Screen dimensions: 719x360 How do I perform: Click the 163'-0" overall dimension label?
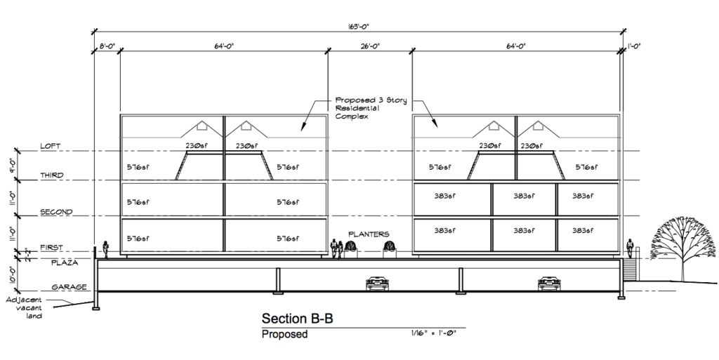coord(358,27)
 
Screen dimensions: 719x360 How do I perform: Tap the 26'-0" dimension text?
coord(370,46)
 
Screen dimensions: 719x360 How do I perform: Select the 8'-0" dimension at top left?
coord(107,46)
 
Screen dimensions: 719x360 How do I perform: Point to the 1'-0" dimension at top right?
coord(634,46)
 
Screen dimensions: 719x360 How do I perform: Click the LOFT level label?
coord(50,146)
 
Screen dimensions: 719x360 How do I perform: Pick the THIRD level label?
coord(52,175)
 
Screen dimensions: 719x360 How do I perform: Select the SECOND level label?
coord(56,212)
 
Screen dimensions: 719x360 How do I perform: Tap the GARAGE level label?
coord(69,287)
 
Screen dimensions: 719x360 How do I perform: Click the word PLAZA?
coord(64,263)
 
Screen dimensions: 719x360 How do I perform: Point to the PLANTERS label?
coord(369,234)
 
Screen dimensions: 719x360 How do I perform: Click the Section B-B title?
coord(297,319)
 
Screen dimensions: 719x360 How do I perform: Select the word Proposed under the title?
coord(284,334)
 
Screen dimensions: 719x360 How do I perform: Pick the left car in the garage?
coord(377,284)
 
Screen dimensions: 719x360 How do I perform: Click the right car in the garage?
coord(549,284)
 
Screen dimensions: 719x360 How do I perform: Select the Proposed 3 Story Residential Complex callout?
coord(371,108)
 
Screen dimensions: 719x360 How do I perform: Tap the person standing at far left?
coord(106,250)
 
